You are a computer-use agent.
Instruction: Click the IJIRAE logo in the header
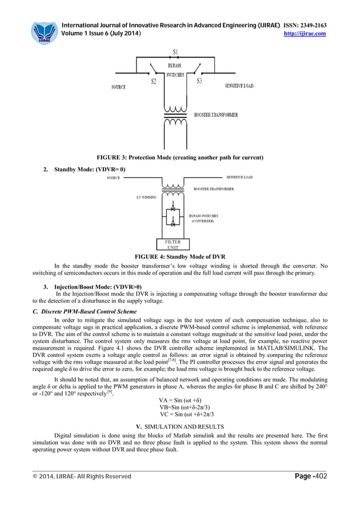(x=45, y=32)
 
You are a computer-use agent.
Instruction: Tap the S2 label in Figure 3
(x=153, y=81)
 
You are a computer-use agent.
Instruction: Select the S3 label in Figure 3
(x=199, y=81)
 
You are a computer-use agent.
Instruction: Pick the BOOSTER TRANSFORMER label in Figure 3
(x=216, y=115)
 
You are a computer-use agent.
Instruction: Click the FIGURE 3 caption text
(x=180, y=156)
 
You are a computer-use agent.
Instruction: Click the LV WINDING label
(x=146, y=197)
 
